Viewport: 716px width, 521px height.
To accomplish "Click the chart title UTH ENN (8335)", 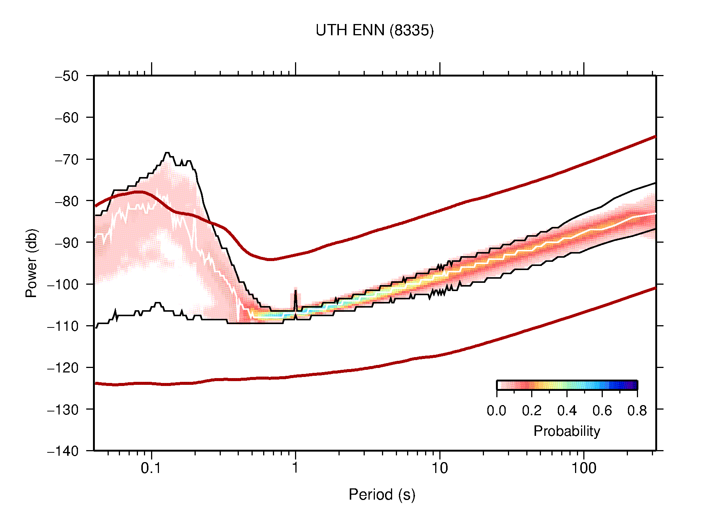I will tap(374, 30).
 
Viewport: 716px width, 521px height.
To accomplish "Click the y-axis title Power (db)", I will tap(31, 263).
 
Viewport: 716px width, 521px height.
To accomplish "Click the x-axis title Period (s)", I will tap(382, 494).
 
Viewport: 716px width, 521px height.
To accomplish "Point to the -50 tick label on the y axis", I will tap(67, 76).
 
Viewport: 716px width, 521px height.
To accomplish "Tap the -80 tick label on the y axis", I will tap(67, 201).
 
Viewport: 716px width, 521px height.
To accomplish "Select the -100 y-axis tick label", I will tap(63, 284).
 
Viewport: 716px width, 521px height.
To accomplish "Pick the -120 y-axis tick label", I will tap(63, 368).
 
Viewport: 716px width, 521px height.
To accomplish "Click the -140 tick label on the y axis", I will tap(63, 451).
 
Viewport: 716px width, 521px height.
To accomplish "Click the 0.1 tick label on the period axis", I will tap(151, 468).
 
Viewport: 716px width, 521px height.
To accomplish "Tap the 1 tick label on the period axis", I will tap(295, 468).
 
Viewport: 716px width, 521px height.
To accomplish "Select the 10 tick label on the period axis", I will tap(439, 468).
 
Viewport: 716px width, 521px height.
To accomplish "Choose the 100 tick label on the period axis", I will tap(583, 468).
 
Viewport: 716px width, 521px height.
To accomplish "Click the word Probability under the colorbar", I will tap(566, 431).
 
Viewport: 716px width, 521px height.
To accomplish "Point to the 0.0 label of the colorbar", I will tap(496, 411).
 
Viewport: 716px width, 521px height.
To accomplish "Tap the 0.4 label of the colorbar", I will tap(567, 411).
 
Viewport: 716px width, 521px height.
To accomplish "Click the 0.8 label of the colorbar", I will tap(637, 411).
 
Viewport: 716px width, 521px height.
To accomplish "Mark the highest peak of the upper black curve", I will tap(167, 153).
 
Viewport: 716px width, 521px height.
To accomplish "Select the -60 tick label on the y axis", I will tap(67, 118).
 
